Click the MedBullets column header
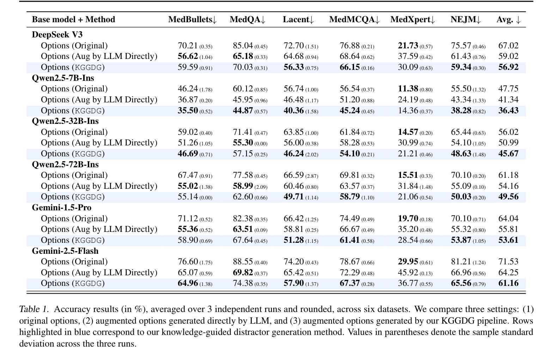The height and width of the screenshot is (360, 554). coord(193,19)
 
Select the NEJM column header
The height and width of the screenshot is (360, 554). coord(465,19)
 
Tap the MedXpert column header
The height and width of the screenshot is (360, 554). coord(413,19)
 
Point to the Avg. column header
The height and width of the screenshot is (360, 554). coord(509,19)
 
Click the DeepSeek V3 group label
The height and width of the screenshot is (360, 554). coord(57,35)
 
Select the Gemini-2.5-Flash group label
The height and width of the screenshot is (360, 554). coord(65,251)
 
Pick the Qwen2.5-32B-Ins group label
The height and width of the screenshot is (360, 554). coord(65,121)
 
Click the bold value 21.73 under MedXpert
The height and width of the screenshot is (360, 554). coord(408,46)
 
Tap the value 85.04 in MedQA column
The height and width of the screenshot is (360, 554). coord(243,46)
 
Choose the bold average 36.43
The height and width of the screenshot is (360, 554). coord(508,110)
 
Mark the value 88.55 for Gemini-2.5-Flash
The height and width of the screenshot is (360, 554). coord(243,262)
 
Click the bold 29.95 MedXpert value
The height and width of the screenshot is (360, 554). coord(408,262)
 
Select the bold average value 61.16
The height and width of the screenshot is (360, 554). coord(508,283)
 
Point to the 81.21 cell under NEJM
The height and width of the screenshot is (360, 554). coord(461,262)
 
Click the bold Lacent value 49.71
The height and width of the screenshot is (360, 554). coord(293,197)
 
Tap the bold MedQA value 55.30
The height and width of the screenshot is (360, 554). coord(243,143)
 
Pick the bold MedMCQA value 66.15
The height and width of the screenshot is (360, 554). coord(350,67)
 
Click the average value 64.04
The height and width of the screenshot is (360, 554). coord(508,218)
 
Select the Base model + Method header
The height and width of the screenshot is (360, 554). coord(73,19)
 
